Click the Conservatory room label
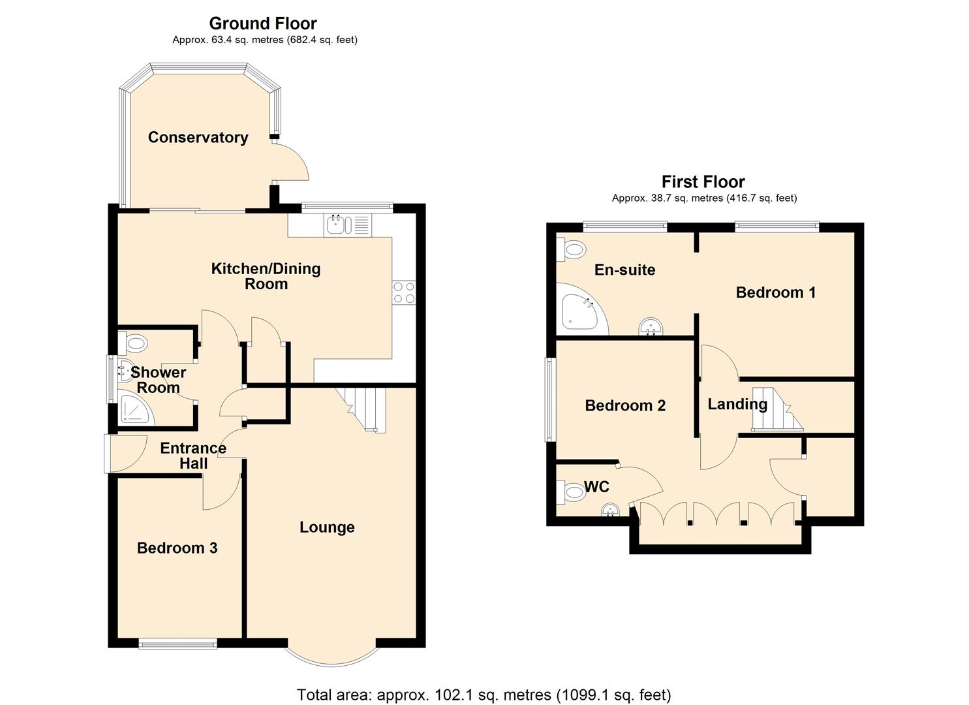tap(198, 137)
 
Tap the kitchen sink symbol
tap(339, 225)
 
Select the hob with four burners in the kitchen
tap(404, 292)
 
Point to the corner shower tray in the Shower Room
tap(136, 410)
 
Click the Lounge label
tap(327, 527)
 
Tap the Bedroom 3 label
tap(177, 548)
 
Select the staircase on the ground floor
tap(365, 409)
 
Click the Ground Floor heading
tap(263, 23)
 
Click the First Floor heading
tap(703, 181)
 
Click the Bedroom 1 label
tap(775, 292)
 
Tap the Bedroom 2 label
tap(625, 406)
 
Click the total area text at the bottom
tap(484, 695)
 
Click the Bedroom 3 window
tap(177, 644)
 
